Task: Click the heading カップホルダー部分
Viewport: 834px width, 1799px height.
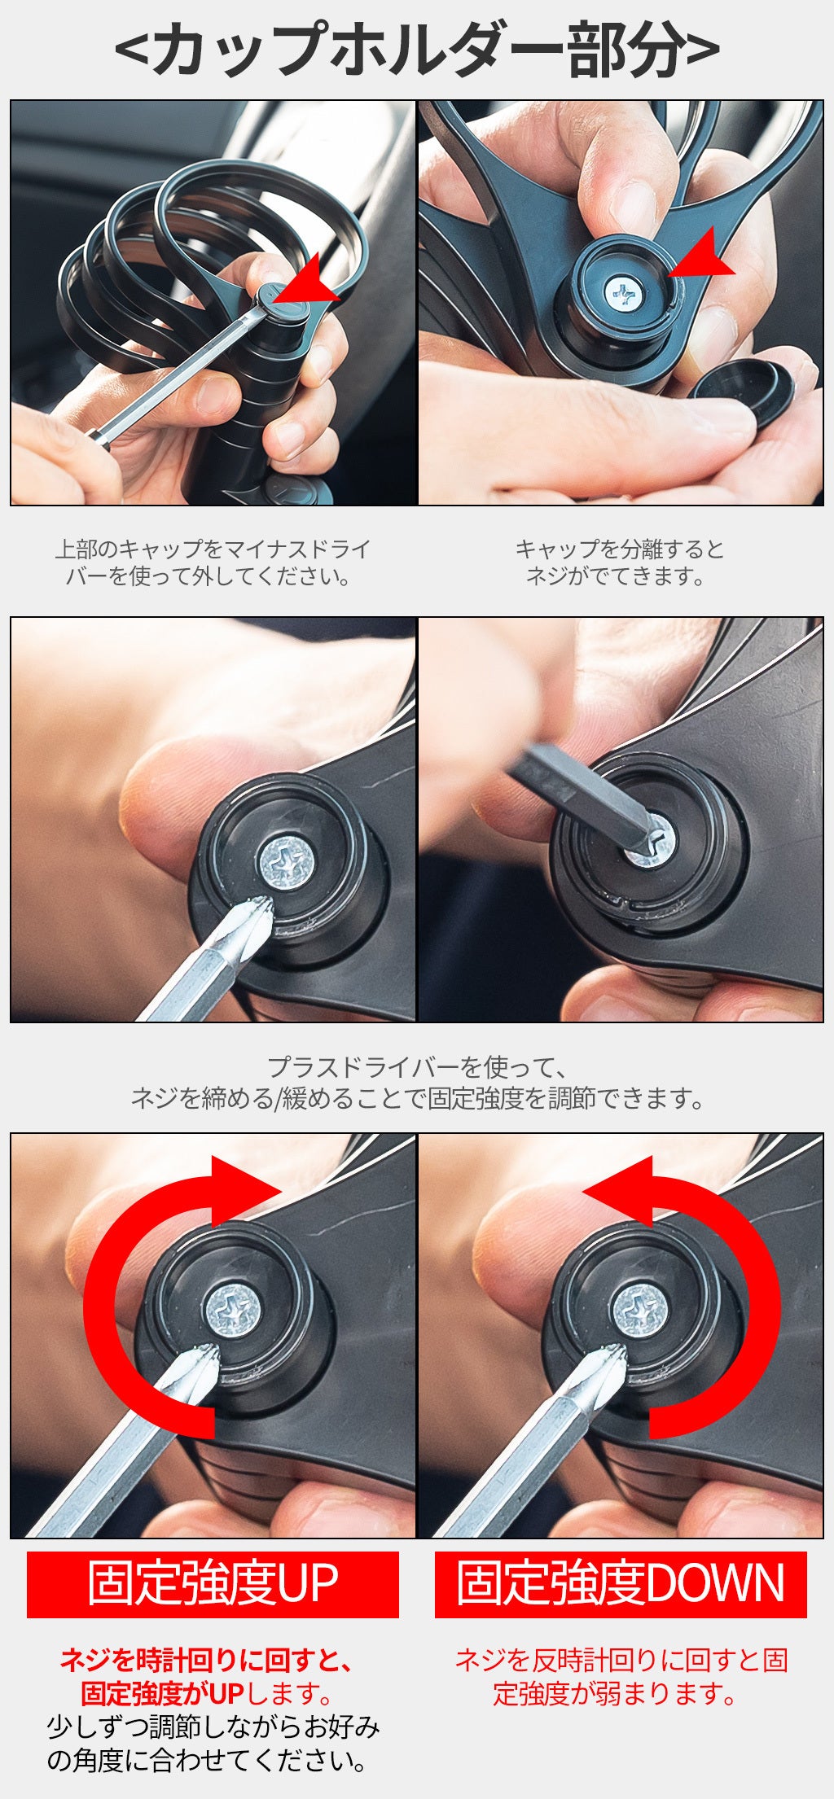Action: (x=417, y=50)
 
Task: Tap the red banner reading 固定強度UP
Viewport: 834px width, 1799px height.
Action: (x=213, y=1584)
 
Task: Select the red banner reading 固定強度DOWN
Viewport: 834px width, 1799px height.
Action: (x=621, y=1584)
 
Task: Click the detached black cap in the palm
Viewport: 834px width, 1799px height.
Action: (x=742, y=390)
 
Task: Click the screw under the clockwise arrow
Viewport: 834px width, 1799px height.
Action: (x=233, y=1310)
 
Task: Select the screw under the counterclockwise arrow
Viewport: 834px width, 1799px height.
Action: (x=640, y=1310)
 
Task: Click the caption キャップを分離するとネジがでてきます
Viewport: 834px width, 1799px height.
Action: (x=620, y=562)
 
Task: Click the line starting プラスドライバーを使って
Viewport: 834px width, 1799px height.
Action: (x=417, y=1066)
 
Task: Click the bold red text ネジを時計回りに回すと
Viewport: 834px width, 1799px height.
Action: (x=207, y=1660)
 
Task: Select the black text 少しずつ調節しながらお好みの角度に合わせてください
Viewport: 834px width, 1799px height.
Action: (x=213, y=1744)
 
